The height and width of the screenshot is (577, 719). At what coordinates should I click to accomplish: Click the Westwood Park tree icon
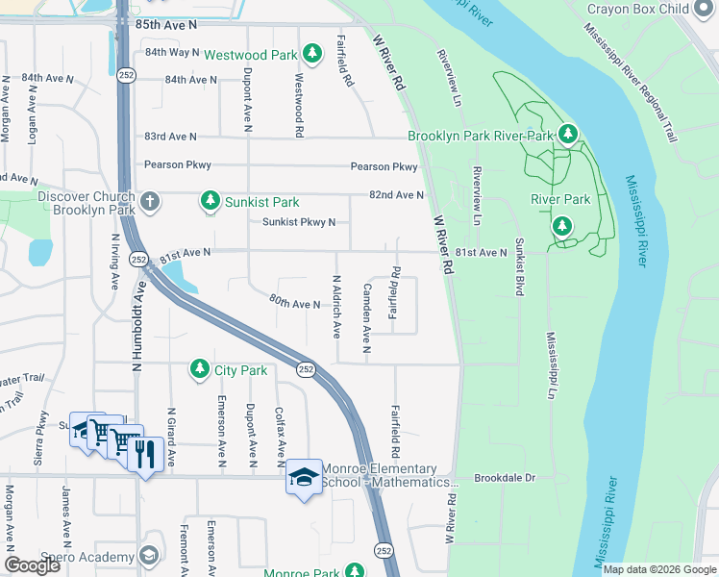point(311,54)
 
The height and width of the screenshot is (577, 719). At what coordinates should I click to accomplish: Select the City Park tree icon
point(199,369)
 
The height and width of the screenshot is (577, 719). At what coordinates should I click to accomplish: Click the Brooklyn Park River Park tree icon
point(568,135)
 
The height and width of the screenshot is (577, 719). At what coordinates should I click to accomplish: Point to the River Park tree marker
point(562,227)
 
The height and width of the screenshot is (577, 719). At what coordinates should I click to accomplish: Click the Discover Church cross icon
point(148,202)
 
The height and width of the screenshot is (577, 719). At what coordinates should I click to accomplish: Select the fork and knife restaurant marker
point(144,456)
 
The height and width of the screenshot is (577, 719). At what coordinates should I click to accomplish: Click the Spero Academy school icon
point(148,557)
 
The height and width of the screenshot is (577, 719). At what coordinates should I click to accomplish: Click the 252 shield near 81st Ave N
point(139,260)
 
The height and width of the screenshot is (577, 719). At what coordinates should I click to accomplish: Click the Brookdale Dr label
point(504,478)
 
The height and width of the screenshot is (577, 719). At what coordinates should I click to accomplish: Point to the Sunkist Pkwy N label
point(299,223)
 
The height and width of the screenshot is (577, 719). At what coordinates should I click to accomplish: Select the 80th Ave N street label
point(294,304)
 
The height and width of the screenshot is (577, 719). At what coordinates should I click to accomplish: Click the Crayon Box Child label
point(653,9)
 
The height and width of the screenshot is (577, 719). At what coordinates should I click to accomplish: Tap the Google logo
point(32,565)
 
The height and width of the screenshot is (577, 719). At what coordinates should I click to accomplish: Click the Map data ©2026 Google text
point(658,569)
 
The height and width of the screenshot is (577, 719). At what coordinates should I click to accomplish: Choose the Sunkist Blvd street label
point(519,265)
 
